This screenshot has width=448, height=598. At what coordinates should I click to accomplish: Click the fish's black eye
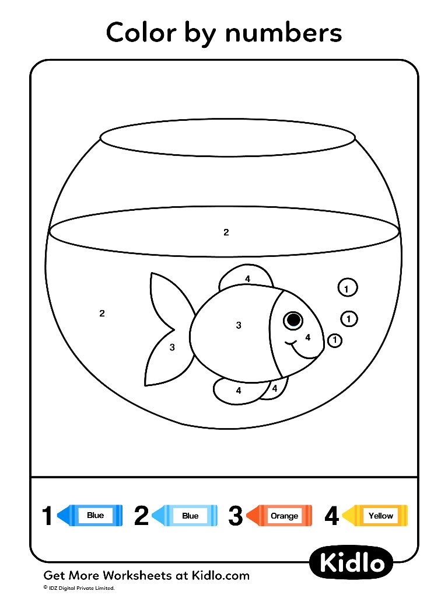[293, 320]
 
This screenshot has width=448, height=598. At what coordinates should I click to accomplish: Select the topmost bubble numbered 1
[348, 288]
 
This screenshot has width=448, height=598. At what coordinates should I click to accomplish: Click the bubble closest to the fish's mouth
[335, 340]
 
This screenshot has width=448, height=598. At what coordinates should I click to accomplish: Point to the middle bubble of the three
[349, 318]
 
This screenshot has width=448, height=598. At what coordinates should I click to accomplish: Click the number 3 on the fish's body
[239, 325]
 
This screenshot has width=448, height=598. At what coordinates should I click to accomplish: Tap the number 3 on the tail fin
[172, 347]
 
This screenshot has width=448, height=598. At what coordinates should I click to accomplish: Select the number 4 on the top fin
[247, 279]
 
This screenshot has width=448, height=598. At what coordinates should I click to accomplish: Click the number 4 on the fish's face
[308, 337]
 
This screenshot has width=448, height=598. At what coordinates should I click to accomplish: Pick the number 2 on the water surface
[226, 232]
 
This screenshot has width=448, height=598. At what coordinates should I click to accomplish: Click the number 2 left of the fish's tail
[101, 314]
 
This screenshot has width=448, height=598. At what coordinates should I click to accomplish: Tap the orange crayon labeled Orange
[279, 516]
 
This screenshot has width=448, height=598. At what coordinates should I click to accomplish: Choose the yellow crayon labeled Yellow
[375, 516]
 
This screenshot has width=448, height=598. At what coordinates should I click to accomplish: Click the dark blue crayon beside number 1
[90, 516]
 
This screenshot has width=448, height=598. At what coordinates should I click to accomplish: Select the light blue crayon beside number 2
[184, 516]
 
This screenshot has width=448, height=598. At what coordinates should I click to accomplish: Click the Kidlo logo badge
[352, 564]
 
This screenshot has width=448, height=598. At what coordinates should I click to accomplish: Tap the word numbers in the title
[284, 33]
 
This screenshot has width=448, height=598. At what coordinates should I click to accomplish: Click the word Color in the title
[142, 32]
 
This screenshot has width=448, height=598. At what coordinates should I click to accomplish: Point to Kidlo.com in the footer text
[220, 575]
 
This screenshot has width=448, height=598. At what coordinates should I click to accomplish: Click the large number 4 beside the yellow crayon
[332, 516]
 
